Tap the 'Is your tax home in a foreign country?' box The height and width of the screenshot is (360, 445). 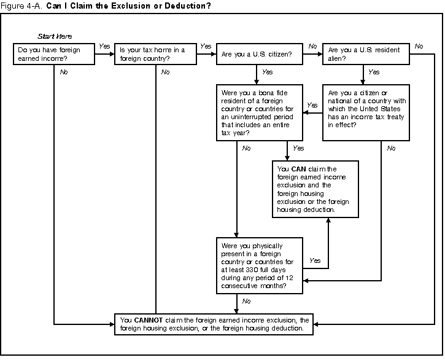pos(155,54)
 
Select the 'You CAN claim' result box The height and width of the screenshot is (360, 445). pos(315,189)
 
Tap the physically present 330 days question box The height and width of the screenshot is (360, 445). pos(258,265)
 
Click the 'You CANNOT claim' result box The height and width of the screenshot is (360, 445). pos(214,324)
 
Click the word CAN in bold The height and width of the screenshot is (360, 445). pos(298,169)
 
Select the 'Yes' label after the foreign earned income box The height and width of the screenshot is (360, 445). pos(104,46)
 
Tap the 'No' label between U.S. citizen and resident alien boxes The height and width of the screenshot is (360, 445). pos(312,46)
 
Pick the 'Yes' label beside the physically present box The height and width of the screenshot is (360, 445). pos(315,260)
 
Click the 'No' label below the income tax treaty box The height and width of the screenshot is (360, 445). pos(391,148)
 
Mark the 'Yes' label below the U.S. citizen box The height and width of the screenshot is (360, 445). pos(267,72)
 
